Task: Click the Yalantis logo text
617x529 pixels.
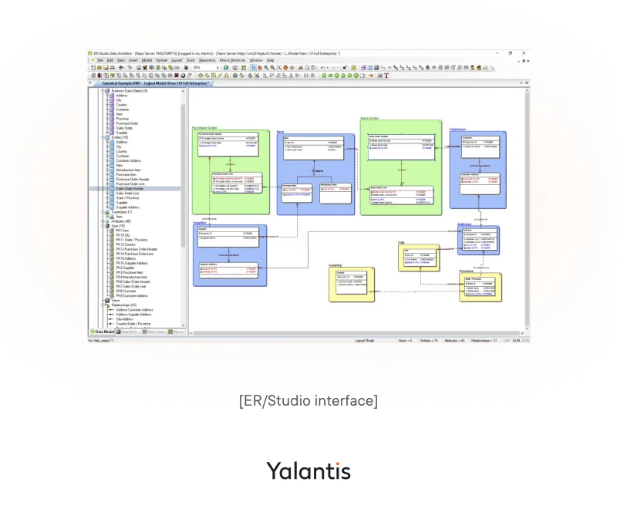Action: (308, 470)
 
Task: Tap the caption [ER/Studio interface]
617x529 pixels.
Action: (308, 401)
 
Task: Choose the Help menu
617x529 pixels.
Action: (271, 60)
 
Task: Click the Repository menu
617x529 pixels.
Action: (207, 60)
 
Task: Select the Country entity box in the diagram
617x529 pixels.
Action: (351, 285)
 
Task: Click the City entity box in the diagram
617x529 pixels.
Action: (419, 258)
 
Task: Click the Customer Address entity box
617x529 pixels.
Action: (477, 184)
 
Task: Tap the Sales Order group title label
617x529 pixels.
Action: (369, 119)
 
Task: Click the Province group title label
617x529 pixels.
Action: (467, 271)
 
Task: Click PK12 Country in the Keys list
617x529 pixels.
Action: (126, 244)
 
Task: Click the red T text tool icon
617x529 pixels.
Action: (386, 76)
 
